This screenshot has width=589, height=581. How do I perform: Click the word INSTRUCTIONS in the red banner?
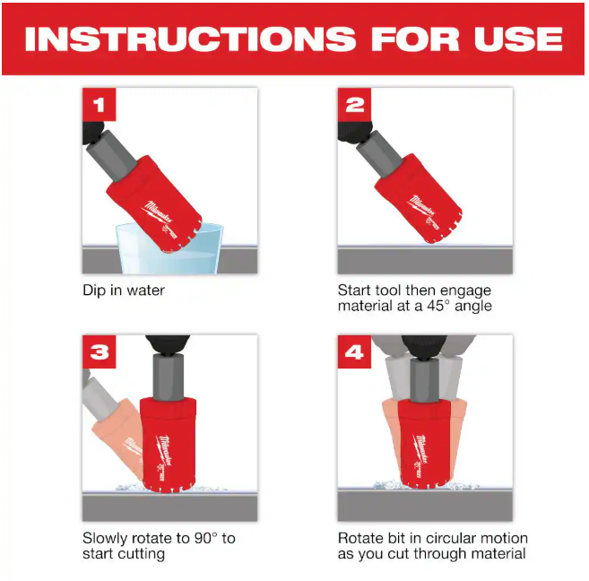tap(190, 39)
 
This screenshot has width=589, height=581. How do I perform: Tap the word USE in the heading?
tap(518, 39)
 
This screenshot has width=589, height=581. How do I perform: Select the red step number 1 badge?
tap(100, 104)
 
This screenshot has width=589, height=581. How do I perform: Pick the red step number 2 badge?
tap(354, 104)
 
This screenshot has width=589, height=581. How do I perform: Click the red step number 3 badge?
tap(100, 351)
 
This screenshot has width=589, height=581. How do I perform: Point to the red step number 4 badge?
tap(354, 351)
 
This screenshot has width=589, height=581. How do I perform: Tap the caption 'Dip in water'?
tap(124, 290)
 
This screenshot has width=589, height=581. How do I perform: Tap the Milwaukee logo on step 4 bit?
tap(420, 449)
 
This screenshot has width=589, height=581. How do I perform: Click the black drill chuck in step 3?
tap(168, 344)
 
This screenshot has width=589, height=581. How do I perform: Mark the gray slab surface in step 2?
tap(425, 260)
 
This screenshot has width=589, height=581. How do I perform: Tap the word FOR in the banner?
tap(415, 39)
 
